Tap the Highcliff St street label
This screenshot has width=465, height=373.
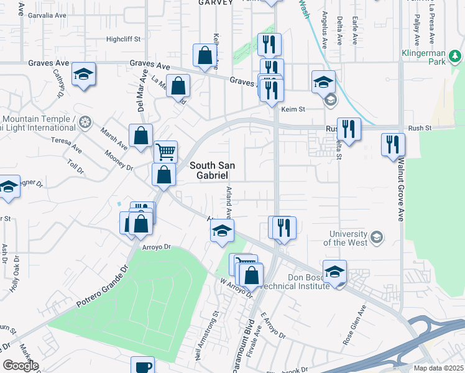coord(124,39)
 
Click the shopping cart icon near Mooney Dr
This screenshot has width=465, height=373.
coord(165,151)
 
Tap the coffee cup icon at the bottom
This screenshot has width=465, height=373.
coord(142,366)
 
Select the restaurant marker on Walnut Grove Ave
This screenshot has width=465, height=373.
coord(393,144)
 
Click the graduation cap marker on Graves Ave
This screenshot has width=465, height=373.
coord(84,75)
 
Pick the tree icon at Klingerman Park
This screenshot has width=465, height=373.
coord(456,58)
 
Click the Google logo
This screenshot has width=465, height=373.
coord(21,366)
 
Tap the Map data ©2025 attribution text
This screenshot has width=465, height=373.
coord(438,368)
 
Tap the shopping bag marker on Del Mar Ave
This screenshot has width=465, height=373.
coord(141,136)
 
